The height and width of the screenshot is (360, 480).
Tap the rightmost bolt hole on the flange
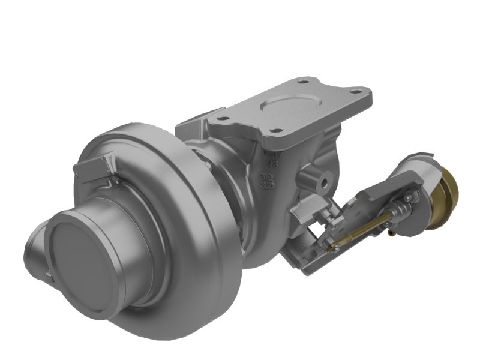pyautogui.click(x=356, y=92)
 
